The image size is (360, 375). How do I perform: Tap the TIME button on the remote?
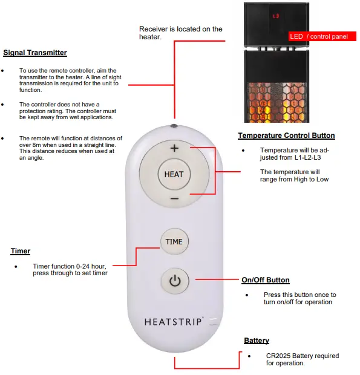[174, 241]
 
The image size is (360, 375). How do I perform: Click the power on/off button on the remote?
[174, 281]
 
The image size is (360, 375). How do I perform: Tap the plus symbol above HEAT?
[174, 148]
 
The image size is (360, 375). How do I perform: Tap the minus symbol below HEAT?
[174, 198]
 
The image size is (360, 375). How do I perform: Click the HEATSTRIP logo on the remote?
[174, 321]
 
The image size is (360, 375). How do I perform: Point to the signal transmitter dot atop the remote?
[174, 126]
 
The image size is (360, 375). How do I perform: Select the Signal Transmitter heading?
[35, 53]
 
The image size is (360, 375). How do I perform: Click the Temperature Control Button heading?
[286, 135]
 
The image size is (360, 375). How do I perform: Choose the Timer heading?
[21, 251]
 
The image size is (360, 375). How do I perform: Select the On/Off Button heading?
[265, 280]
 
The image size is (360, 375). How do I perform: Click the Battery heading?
[257, 341]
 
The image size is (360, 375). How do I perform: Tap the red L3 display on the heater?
[276, 16]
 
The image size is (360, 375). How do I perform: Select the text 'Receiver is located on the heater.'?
[180, 33]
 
